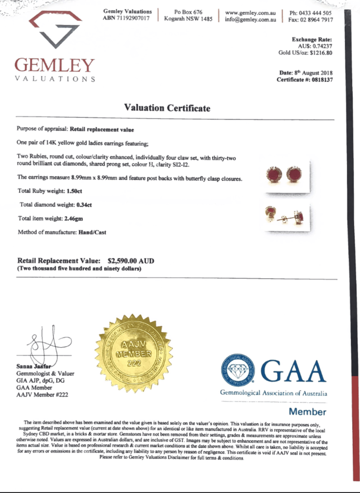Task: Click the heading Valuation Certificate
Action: [x=167, y=108]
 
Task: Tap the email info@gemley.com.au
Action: [x=250, y=19]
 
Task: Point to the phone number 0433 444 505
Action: [x=317, y=13]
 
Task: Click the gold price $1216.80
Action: [x=320, y=53]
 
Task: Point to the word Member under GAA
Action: [x=307, y=412]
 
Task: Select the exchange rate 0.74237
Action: [x=320, y=46]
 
